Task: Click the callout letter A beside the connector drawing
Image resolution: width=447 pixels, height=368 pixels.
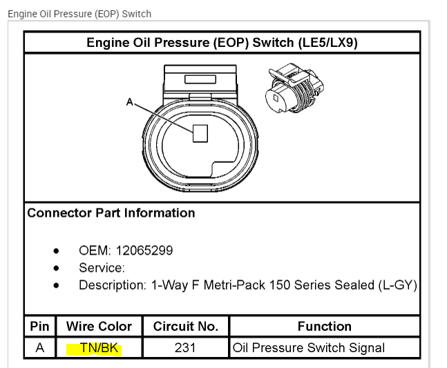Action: [x=129, y=102]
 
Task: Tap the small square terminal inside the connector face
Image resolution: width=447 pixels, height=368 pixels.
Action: [x=200, y=133]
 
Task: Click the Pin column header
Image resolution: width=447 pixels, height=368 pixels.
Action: [x=39, y=326]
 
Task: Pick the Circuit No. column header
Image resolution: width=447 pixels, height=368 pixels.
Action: [x=186, y=326]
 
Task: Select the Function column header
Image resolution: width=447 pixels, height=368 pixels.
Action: [x=324, y=326]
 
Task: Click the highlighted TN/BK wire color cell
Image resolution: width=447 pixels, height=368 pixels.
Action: [x=99, y=348]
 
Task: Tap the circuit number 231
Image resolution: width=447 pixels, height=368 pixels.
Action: [x=185, y=348]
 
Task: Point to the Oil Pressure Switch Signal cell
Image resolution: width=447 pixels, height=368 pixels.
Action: [x=309, y=348]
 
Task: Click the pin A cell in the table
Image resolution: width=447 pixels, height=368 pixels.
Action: [x=39, y=348]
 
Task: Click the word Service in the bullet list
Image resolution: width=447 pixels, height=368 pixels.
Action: [x=101, y=268]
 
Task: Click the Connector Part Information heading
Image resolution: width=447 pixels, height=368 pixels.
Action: [x=111, y=213]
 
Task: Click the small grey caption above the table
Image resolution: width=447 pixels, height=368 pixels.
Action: [x=79, y=14]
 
